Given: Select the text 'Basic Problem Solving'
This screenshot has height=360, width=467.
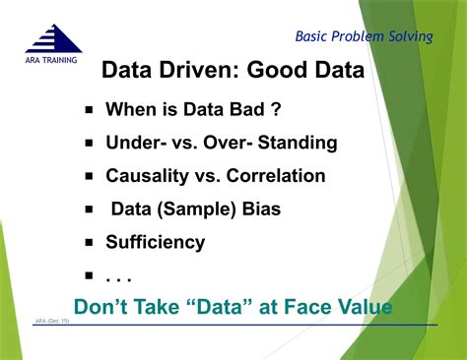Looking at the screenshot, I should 364,37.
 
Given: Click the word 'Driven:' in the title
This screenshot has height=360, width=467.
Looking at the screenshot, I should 205,72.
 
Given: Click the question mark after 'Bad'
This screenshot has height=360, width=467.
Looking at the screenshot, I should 277,110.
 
